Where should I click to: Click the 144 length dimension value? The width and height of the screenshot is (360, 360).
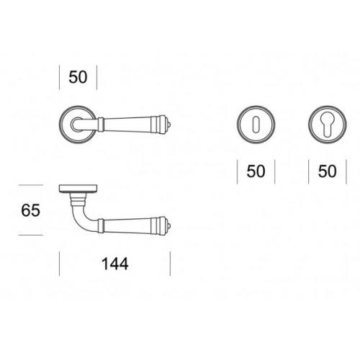point(115,264)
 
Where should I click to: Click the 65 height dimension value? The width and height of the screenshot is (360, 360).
point(30,210)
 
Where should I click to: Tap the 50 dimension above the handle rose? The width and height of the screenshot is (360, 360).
point(78,77)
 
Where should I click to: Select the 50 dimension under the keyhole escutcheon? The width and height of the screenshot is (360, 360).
point(256,171)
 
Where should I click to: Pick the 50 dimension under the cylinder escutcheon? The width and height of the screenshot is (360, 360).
point(328,171)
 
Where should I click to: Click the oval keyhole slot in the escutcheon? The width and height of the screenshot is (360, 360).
point(256,123)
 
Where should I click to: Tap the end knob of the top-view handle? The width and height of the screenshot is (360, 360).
point(169,125)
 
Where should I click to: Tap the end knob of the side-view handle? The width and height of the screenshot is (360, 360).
point(169,226)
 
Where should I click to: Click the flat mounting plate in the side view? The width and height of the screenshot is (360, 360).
point(78,189)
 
